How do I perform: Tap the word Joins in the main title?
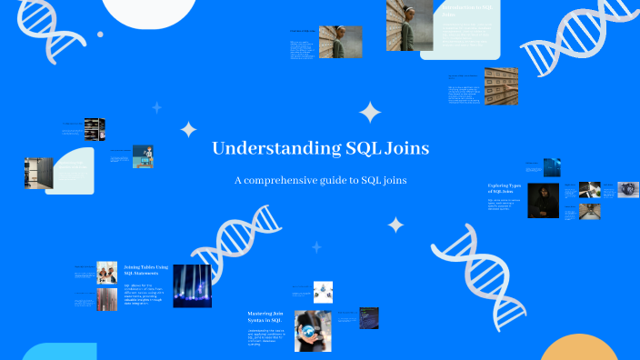pyautogui.click(x=405, y=148)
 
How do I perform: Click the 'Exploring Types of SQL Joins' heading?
pyautogui.click(x=505, y=189)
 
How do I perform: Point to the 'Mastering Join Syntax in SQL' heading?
pyautogui.click(x=265, y=317)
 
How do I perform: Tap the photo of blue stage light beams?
pyautogui.click(x=192, y=286)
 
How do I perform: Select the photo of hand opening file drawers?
pyautogui.click(x=500, y=85)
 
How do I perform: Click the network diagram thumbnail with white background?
pyautogui.click(x=324, y=291)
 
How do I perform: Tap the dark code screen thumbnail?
pyautogui.click(x=367, y=317)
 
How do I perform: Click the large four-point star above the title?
pyautogui.click(x=370, y=112)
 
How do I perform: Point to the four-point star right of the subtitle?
pyautogui.click(x=395, y=224)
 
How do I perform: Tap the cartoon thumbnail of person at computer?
pyautogui.click(x=143, y=156)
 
